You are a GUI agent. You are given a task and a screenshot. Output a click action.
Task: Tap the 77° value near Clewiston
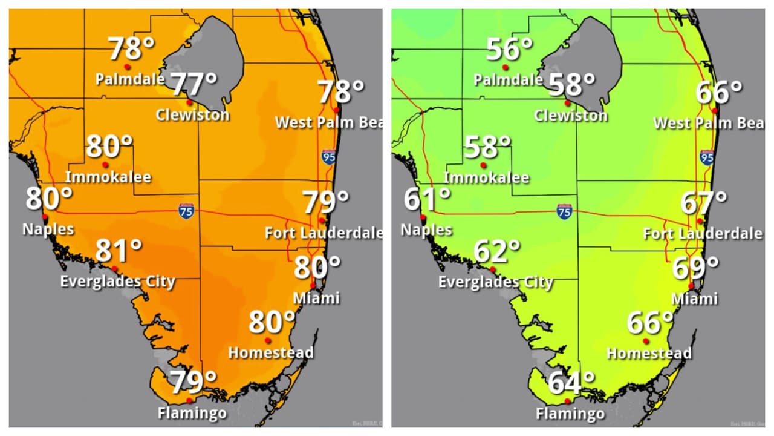point(193,84)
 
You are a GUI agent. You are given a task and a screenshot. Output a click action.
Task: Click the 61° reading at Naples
point(427,199)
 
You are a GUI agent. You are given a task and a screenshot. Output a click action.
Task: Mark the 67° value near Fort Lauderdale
point(704,203)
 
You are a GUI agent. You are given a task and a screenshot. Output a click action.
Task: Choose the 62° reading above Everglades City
point(497,251)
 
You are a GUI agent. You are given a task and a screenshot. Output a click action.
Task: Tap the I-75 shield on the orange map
point(186,211)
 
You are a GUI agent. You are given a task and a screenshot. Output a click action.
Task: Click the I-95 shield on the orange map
point(329,157)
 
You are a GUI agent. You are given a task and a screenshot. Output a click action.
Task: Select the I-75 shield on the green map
point(564,211)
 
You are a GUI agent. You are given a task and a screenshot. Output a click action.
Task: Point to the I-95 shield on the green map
point(707,157)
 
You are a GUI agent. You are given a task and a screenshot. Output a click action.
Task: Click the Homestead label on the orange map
point(271,352)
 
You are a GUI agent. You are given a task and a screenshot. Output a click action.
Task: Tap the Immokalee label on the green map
point(486,178)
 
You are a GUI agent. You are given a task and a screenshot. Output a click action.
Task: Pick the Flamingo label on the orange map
point(192,414)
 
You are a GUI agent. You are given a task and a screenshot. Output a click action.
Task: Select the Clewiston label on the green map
point(571,115)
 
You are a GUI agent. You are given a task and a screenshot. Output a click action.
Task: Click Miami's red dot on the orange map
point(313,285)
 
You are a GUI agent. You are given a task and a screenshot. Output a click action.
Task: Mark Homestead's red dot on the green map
point(646,341)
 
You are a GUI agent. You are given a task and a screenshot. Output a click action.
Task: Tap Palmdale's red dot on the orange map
point(127,67)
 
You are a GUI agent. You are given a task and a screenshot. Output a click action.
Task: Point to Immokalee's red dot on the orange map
point(105,164)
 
